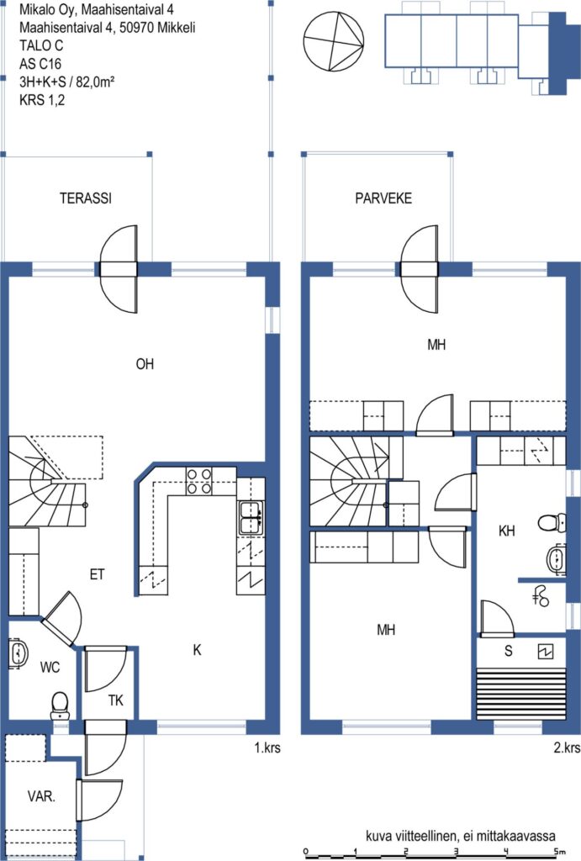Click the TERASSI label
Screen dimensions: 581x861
click(x=86, y=198)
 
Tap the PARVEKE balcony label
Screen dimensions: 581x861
click(x=383, y=198)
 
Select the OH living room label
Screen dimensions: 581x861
click(x=145, y=364)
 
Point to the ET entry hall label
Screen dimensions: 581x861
click(x=98, y=574)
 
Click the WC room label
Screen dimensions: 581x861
click(x=50, y=668)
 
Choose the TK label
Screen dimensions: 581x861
click(x=115, y=700)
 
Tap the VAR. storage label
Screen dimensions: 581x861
click(x=42, y=796)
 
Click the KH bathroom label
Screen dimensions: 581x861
click(x=507, y=531)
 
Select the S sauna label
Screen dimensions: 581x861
click(x=509, y=651)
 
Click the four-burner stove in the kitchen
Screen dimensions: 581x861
click(x=198, y=480)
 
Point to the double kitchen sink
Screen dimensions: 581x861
click(x=251, y=517)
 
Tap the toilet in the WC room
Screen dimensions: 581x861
click(x=60, y=705)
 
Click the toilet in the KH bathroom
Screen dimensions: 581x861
click(x=552, y=522)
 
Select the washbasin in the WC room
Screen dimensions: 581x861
click(x=18, y=652)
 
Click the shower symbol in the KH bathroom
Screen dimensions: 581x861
click(x=541, y=596)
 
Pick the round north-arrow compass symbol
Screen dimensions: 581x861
click(x=334, y=40)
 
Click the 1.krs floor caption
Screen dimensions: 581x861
click(x=267, y=747)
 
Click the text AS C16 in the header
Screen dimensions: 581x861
click(x=40, y=64)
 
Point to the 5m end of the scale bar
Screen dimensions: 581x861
click(x=558, y=854)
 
